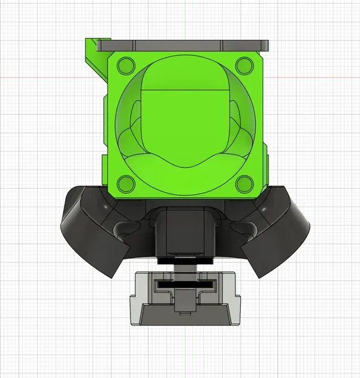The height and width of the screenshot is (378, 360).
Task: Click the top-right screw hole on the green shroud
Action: pyautogui.click(x=243, y=64)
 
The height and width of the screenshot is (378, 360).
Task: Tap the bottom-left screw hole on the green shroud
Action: pyautogui.click(x=126, y=181)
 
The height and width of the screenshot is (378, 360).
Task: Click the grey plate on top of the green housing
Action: pyautogui.click(x=182, y=45)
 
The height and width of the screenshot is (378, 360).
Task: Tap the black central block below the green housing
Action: pyautogui.click(x=185, y=233)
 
